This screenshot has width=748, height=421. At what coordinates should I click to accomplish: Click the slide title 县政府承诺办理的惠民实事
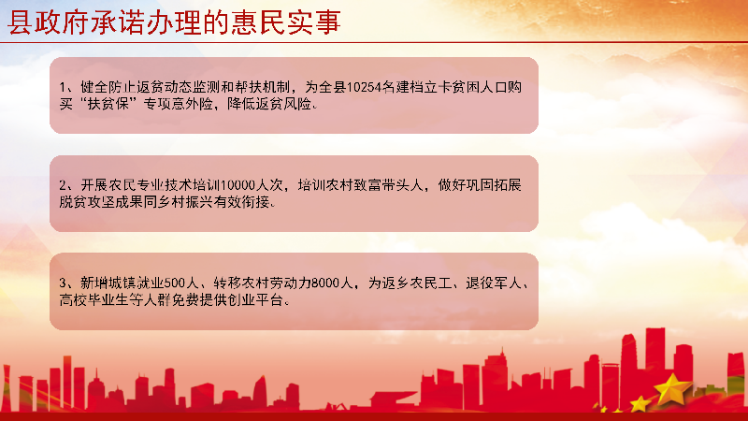[174, 22]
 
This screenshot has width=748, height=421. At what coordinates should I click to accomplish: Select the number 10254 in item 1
[364, 87]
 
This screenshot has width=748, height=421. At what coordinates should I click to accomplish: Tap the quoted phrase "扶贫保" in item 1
[108, 104]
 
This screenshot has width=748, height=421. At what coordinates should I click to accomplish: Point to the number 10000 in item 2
[238, 185]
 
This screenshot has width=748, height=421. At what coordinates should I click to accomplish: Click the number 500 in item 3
[174, 283]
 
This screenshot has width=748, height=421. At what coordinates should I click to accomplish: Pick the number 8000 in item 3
[325, 283]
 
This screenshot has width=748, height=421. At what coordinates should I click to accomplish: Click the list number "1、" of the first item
[66, 87]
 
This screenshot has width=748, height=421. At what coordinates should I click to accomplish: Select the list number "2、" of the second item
[66, 185]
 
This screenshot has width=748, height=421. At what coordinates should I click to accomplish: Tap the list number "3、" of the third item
[66, 283]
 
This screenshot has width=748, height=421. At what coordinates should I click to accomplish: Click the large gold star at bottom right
[671, 389]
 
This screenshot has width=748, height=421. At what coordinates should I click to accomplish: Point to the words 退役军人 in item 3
[494, 283]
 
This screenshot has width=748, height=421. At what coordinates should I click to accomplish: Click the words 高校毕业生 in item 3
[94, 300]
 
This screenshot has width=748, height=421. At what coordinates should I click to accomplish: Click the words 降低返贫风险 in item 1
[269, 104]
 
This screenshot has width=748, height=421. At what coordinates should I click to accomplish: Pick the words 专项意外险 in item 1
[178, 104]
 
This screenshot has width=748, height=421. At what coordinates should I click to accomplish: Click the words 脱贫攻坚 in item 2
[87, 202]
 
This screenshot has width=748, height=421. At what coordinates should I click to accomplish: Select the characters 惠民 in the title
[258, 22]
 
